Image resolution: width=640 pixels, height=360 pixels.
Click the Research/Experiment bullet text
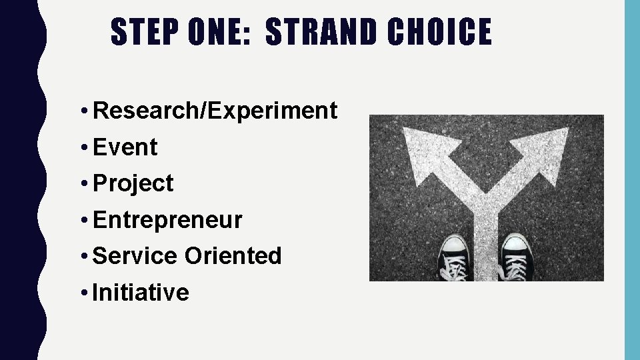pos(215,111)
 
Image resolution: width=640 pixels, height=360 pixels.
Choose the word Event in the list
pos(125,147)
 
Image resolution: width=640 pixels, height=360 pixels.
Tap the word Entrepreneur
pos(167,220)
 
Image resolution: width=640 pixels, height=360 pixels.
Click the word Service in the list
pos(135,256)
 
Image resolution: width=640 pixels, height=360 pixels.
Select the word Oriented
pos(233,256)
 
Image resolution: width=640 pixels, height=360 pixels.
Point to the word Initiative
pos(141,292)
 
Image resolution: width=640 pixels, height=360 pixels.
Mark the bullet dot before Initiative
pos(87,293)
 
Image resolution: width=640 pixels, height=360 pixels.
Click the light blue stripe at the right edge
pos(631,180)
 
